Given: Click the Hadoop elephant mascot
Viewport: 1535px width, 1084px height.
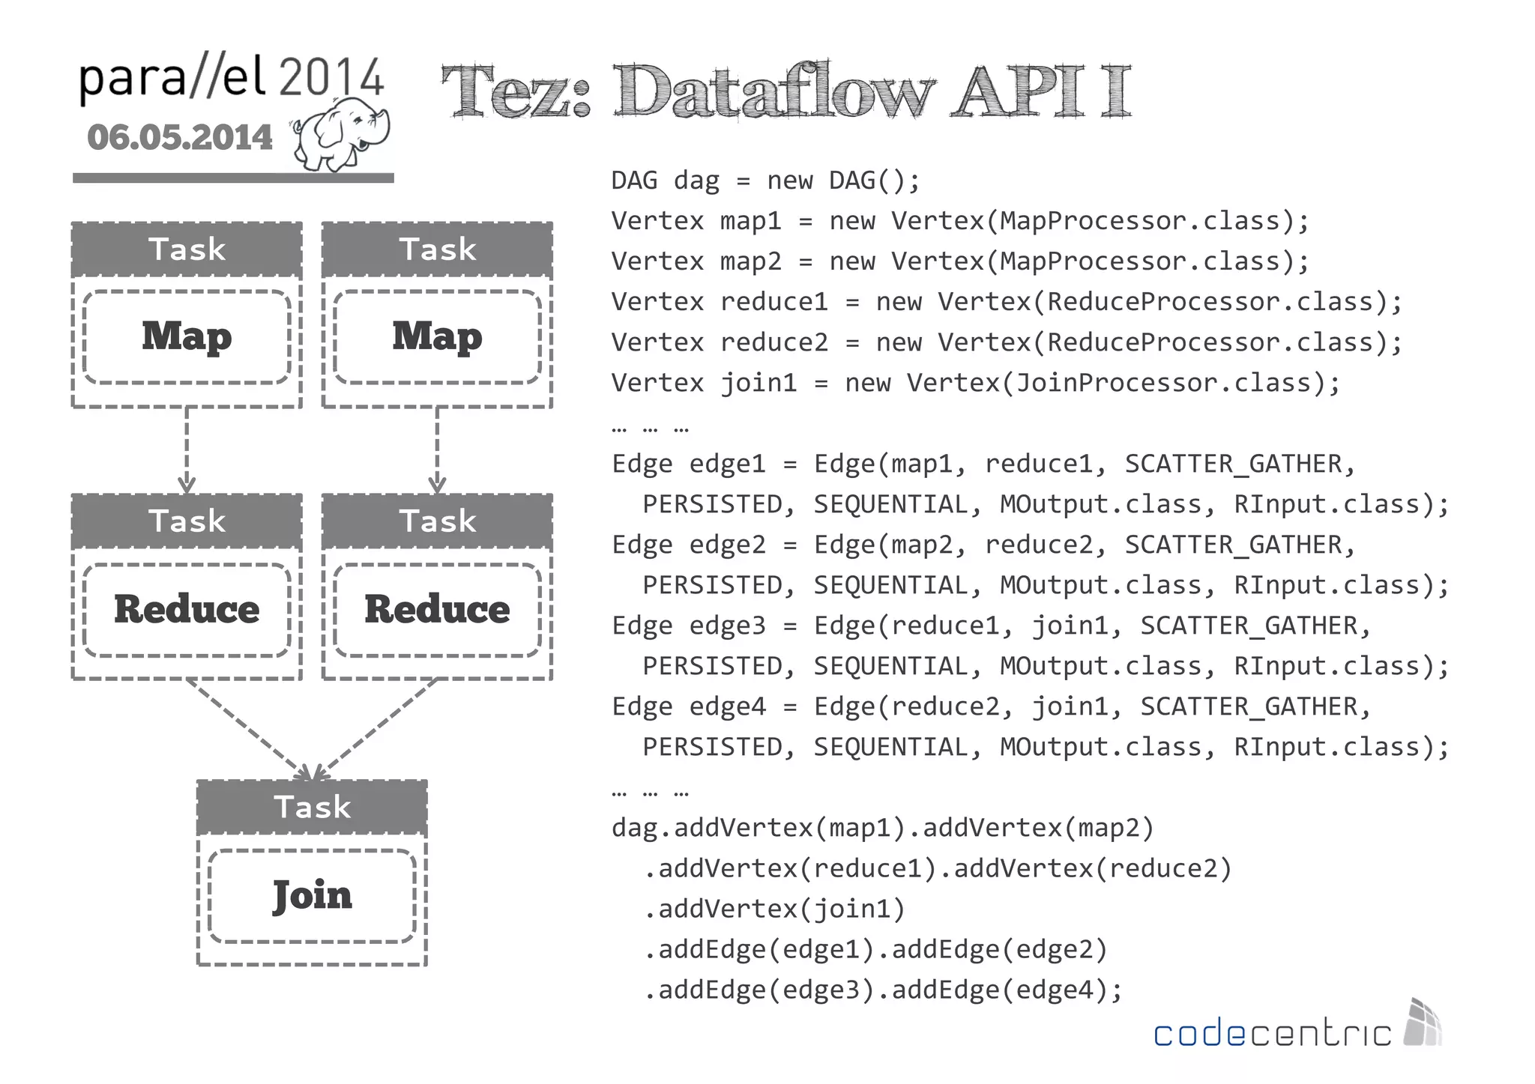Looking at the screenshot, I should pyautogui.click(x=341, y=135).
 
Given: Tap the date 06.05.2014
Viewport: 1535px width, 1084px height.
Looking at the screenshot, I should pyautogui.click(x=180, y=138).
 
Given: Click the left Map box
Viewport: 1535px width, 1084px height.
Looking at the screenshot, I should pyautogui.click(x=187, y=336).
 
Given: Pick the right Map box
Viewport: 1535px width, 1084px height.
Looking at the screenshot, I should pyautogui.click(x=437, y=336).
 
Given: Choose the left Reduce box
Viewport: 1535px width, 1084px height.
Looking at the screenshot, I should pyautogui.click(x=187, y=609).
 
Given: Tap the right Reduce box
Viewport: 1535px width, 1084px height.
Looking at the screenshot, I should pyautogui.click(x=437, y=609).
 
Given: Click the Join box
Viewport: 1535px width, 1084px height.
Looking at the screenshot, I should pyautogui.click(x=312, y=895).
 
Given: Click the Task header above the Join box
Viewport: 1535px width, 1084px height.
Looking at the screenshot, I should pyautogui.click(x=312, y=807).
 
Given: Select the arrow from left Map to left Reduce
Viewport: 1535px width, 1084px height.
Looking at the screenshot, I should pyautogui.click(x=187, y=449).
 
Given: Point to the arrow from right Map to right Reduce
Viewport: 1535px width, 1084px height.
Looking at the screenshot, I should pyautogui.click(x=437, y=449).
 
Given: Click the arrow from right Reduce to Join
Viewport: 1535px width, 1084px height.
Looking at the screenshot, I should pyautogui.click(x=375, y=727).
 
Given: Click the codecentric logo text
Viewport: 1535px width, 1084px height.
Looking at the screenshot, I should pyautogui.click(x=1272, y=1033).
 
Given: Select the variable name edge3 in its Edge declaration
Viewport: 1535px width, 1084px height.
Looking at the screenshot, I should pyautogui.click(x=727, y=626).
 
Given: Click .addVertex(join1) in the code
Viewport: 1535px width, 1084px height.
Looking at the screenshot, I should pyautogui.click(x=774, y=909).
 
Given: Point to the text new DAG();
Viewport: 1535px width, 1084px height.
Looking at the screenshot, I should pyautogui.click(x=843, y=181).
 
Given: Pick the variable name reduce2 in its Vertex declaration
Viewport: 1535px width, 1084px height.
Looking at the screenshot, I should pyautogui.click(x=773, y=343).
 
